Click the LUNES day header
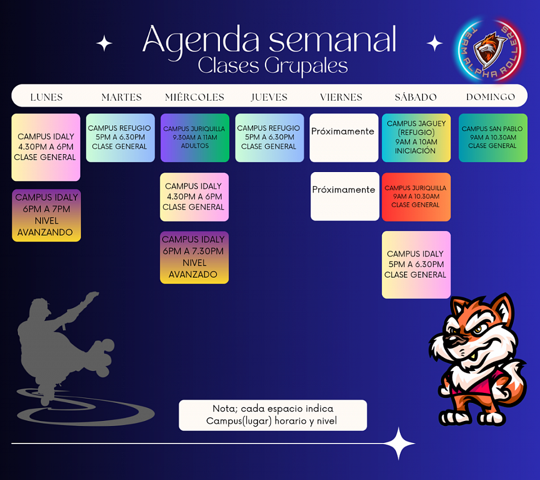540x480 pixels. pyautogui.click(x=46, y=97)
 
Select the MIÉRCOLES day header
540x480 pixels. pyautogui.click(x=195, y=97)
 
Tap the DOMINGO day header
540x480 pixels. pyautogui.click(x=490, y=97)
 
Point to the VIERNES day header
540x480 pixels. pyautogui.click(x=341, y=97)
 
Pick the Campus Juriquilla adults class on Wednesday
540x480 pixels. pyautogui.click(x=195, y=138)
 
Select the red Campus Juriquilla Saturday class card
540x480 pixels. pyautogui.click(x=416, y=197)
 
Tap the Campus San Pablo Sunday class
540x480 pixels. pyautogui.click(x=493, y=138)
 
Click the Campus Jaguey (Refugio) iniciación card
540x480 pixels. pyautogui.click(x=416, y=138)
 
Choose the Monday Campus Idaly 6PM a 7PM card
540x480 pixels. pyautogui.click(x=46, y=215)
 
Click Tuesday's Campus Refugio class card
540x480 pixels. pyautogui.click(x=120, y=138)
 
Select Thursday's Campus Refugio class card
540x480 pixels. pyautogui.click(x=269, y=138)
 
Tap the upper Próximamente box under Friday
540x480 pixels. pyautogui.click(x=343, y=138)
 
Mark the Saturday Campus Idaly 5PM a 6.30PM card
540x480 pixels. pyautogui.click(x=416, y=264)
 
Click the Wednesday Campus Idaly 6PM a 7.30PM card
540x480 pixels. pyautogui.click(x=194, y=257)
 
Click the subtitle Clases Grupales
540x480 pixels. pyautogui.click(x=273, y=66)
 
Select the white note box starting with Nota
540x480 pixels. pyautogui.click(x=272, y=415)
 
